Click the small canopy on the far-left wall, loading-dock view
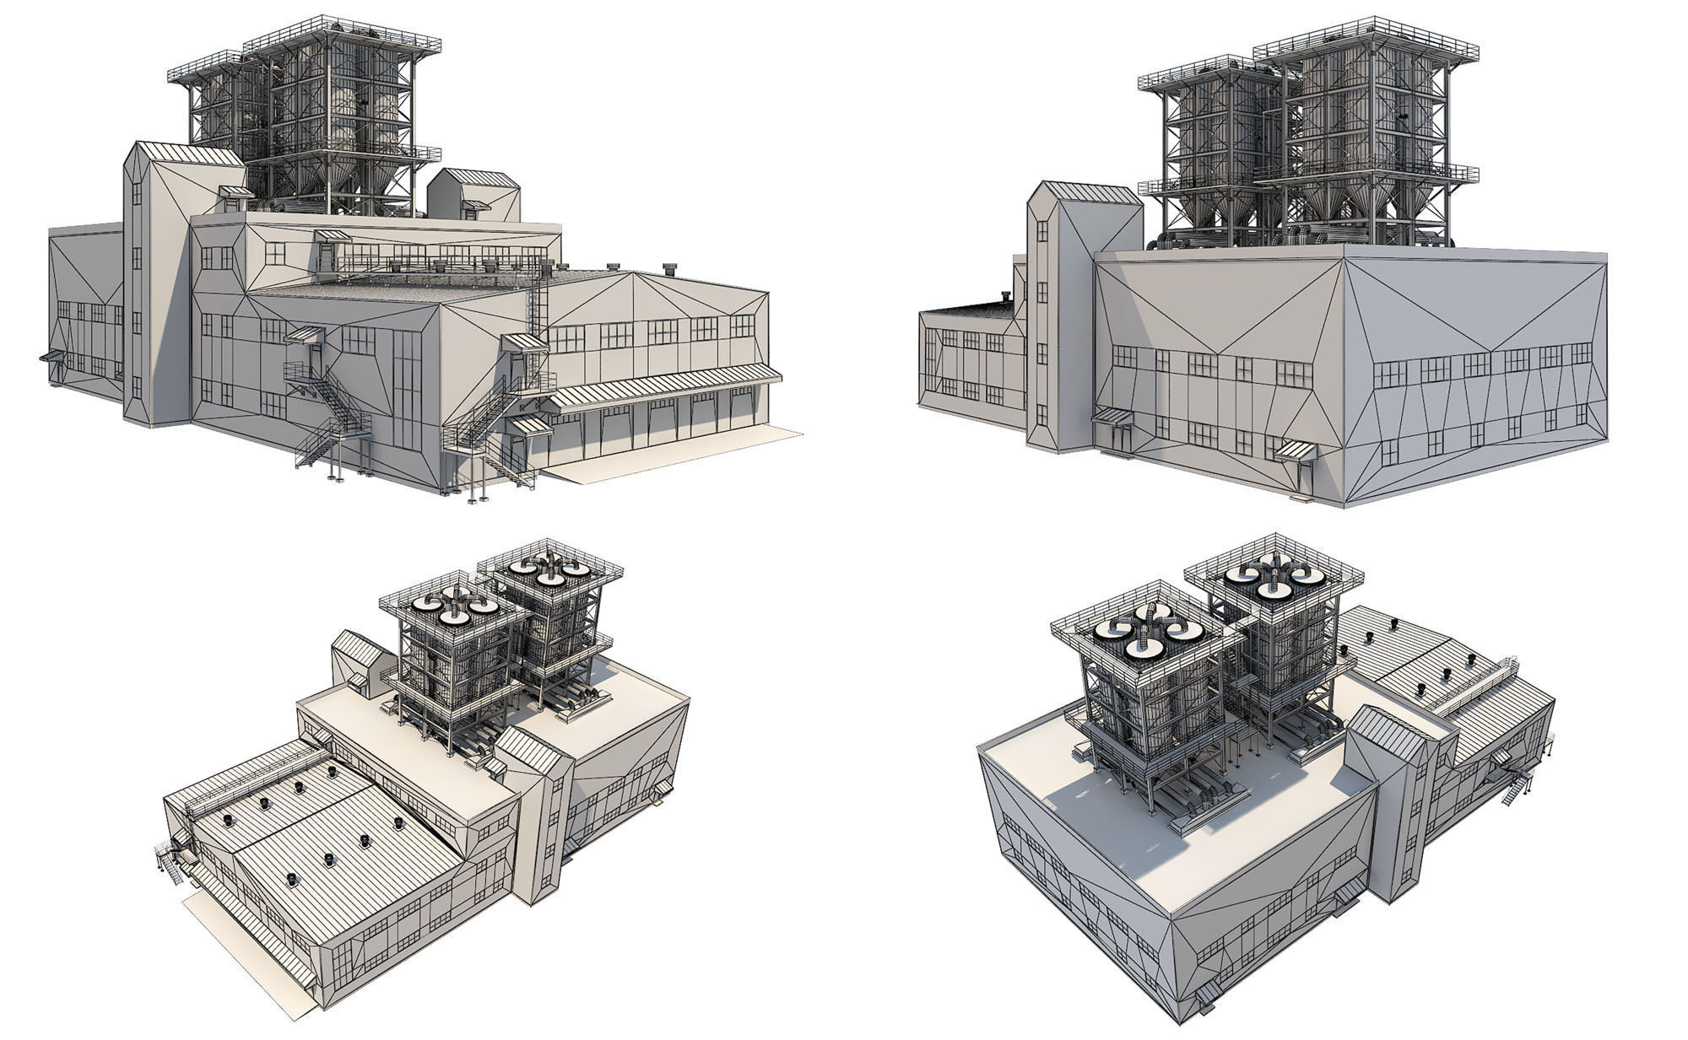click(51, 356)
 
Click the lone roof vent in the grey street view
click(1004, 295)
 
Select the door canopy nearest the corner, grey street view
click(1296, 450)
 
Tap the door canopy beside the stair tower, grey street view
click(1113, 416)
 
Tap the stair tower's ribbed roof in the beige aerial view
click(527, 747)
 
